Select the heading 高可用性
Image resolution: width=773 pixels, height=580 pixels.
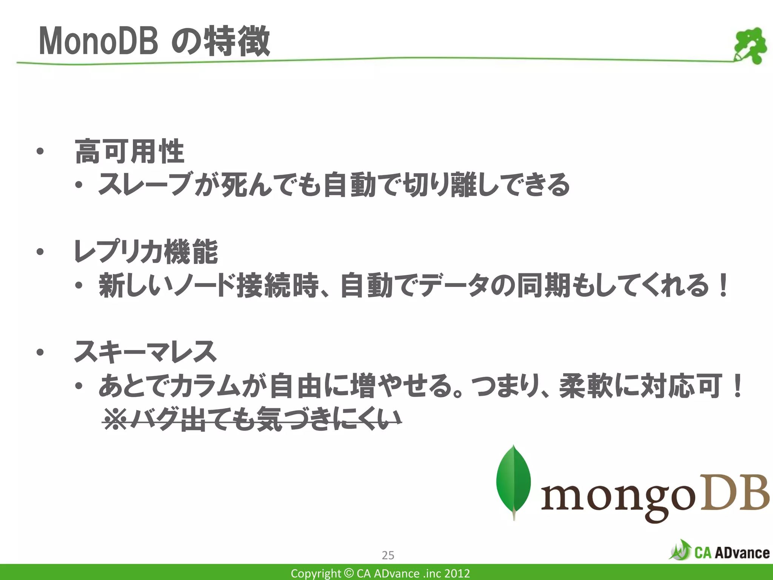(x=129, y=151)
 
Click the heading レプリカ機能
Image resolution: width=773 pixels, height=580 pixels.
(x=146, y=252)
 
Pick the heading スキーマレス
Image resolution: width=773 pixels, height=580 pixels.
(x=145, y=352)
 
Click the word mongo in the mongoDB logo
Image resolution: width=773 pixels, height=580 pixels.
(x=617, y=498)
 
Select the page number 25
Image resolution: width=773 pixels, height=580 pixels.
(x=388, y=555)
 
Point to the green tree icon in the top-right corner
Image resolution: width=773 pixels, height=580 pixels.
(x=750, y=45)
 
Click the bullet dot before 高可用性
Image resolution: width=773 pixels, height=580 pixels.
(x=40, y=152)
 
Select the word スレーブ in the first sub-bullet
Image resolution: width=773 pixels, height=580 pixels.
(x=145, y=185)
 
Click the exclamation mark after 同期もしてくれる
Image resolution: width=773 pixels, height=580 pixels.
(x=723, y=285)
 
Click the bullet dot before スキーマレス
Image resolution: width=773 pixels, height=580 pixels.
(x=40, y=352)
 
